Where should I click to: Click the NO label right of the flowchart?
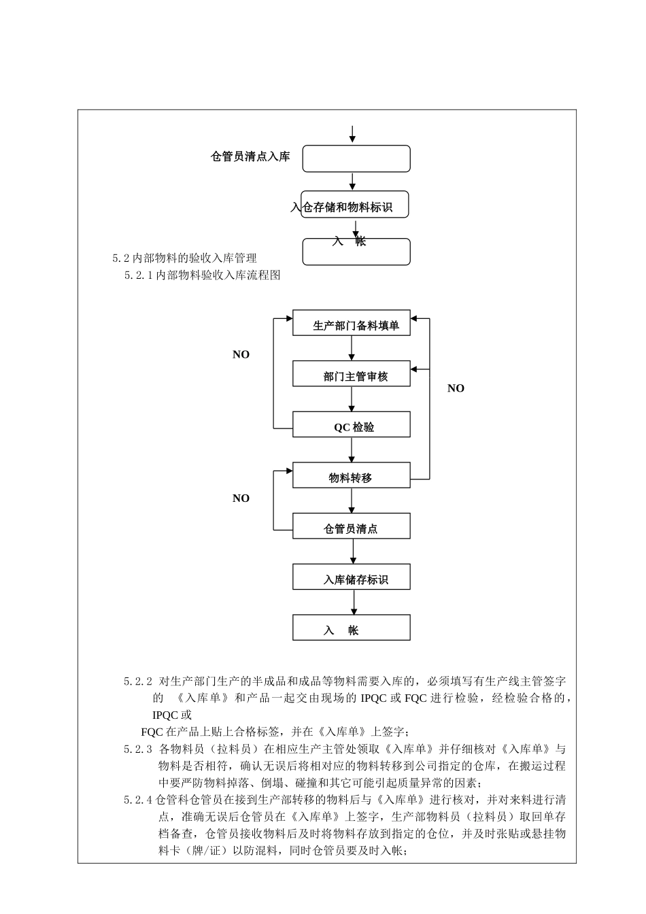click(x=456, y=388)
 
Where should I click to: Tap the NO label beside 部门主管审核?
click(x=241, y=355)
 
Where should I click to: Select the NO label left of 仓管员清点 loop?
click(x=241, y=498)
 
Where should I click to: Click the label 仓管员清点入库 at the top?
click(x=250, y=157)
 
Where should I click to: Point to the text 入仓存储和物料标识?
click(x=342, y=207)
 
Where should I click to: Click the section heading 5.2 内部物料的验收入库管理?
click(x=185, y=258)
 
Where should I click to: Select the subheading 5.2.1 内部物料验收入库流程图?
click(x=203, y=275)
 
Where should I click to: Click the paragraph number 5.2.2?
click(x=138, y=681)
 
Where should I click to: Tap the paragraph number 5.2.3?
click(x=138, y=749)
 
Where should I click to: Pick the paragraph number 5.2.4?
click(x=138, y=800)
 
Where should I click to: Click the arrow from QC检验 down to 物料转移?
click(x=352, y=450)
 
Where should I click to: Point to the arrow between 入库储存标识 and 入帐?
click(x=354, y=602)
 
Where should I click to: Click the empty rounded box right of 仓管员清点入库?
click(x=356, y=158)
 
